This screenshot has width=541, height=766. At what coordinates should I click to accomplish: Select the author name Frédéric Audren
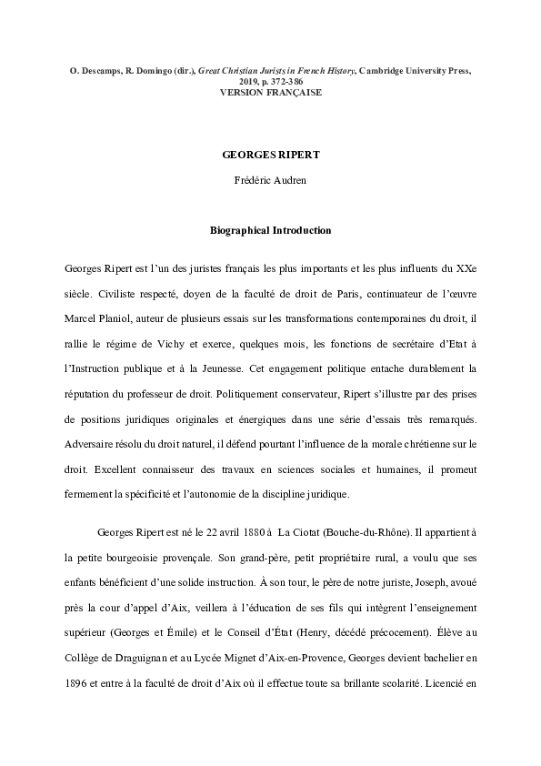pyautogui.click(x=270, y=180)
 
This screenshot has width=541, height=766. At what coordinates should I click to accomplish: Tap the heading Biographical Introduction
pyautogui.click(x=270, y=231)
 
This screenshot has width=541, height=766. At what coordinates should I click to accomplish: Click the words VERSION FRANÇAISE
pyautogui.click(x=270, y=92)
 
